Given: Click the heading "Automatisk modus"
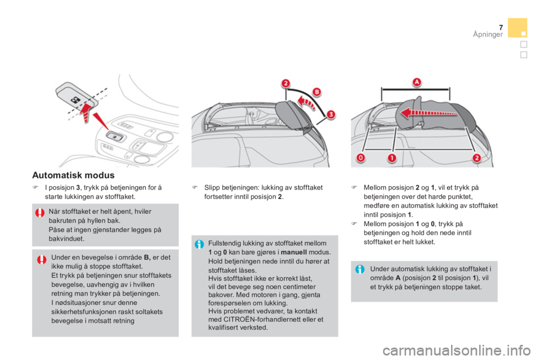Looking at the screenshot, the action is point(73,175).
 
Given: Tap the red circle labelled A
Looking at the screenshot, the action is point(417,82).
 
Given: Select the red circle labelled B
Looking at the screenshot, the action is point(317,92).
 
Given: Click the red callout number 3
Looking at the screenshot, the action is point(331,114).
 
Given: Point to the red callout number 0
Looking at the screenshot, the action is point(361,158).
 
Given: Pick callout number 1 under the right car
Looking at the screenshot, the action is point(392,158).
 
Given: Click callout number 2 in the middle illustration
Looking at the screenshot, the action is point(286,83).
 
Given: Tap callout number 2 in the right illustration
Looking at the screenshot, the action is point(476,158).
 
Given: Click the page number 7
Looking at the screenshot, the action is point(501,28).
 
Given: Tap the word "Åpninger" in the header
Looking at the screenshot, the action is point(488,34).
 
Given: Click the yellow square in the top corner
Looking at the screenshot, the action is point(517,28).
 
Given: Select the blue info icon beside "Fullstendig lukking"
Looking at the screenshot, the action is point(199,244).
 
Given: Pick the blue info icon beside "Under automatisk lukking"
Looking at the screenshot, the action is point(360,269).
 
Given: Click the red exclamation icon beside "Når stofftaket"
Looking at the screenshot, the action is point(40,213).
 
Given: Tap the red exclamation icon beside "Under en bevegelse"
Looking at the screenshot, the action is point(42,259).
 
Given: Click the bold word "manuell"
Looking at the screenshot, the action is point(294,252).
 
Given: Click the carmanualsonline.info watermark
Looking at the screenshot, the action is point(457,350).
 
